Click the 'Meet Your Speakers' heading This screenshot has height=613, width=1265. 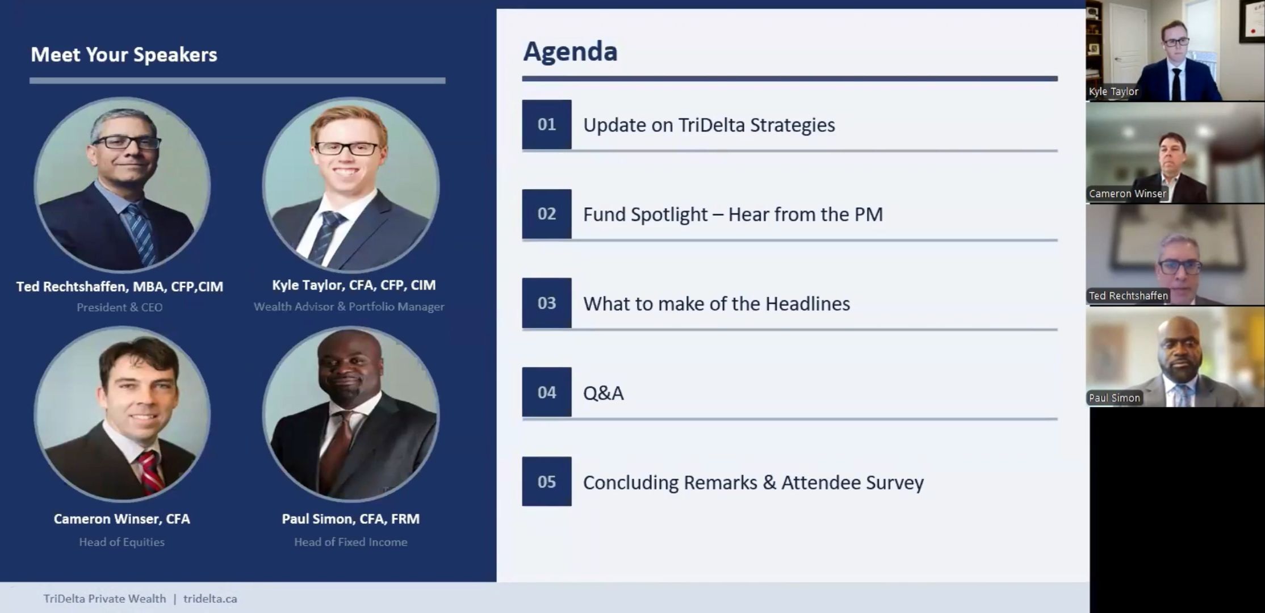click(124, 54)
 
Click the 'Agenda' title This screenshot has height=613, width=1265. click(570, 52)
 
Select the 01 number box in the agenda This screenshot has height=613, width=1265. click(547, 124)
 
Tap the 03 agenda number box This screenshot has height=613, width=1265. click(547, 303)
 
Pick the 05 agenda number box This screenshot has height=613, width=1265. click(547, 482)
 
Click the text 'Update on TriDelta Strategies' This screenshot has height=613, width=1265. click(709, 125)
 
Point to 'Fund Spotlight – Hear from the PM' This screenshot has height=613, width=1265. click(733, 215)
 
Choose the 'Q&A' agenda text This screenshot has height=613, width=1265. click(604, 393)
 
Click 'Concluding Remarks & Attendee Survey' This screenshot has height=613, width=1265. click(753, 482)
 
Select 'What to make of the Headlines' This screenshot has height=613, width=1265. click(717, 304)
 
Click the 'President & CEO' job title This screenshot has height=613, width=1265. click(120, 307)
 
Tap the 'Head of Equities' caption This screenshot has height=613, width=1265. click(122, 542)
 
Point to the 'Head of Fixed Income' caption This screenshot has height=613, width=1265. click(351, 542)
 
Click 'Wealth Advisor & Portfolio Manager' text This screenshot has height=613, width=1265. click(349, 306)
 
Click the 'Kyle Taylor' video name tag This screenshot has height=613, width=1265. click(1113, 91)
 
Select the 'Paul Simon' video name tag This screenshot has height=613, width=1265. click(1114, 398)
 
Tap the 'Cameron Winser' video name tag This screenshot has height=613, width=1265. click(1127, 194)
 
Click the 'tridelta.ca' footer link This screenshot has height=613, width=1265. click(210, 599)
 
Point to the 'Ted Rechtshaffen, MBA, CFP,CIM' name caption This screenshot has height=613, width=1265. click(120, 287)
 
